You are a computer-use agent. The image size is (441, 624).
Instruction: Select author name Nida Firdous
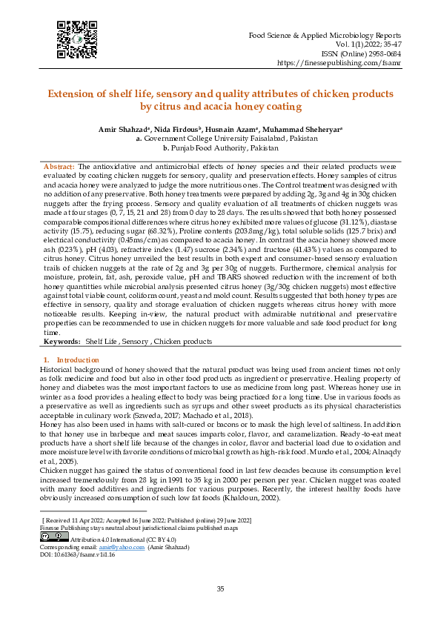[x=177, y=130]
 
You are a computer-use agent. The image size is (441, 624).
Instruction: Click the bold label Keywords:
[x=62, y=341]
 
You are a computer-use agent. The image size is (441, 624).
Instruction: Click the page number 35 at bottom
[x=220, y=588]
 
